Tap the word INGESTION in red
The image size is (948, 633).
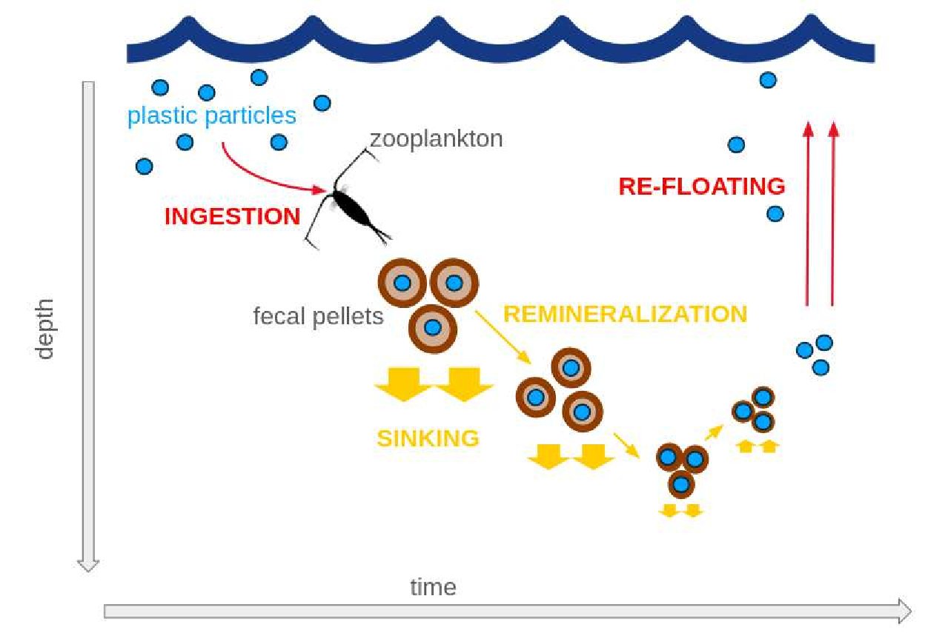232,217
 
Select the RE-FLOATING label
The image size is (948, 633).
701,186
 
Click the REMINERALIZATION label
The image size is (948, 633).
625,314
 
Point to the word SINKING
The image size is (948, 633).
428,438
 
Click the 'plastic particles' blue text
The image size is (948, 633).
212,116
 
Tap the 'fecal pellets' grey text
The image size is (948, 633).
318,317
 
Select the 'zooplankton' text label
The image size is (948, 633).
436,138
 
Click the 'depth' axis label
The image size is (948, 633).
46,329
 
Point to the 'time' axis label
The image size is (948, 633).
433,588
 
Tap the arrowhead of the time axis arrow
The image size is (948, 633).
904,610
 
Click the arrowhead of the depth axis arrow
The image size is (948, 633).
88,565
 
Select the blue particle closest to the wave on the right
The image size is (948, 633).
768,79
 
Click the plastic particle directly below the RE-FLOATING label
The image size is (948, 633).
775,214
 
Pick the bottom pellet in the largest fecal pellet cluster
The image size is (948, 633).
433,327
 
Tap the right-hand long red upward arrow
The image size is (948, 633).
832,215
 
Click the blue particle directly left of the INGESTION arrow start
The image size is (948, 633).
185,141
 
